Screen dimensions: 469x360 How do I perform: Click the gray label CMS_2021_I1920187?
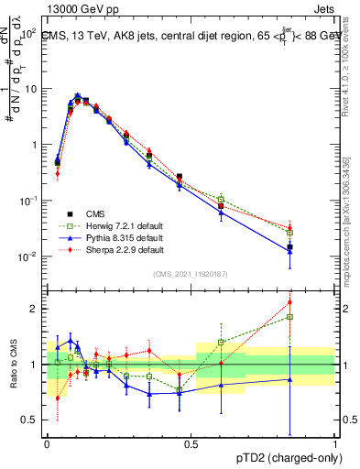pos(191,274)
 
